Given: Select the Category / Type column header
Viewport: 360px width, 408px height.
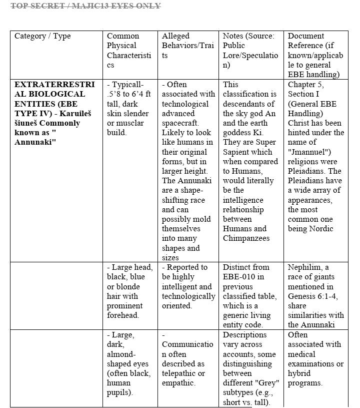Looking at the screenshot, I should point(42,36).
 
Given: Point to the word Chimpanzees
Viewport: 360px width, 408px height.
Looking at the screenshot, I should point(246,238).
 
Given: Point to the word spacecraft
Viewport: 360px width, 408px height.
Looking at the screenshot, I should point(180,123).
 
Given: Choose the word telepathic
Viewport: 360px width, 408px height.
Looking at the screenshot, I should point(179,373).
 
